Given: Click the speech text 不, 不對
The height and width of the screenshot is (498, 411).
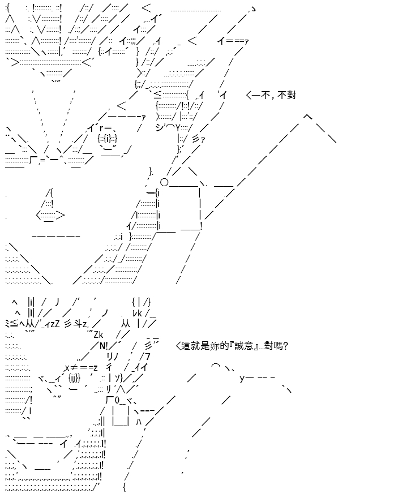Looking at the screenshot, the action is tap(278, 95).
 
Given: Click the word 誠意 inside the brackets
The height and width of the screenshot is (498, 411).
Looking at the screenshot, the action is tap(244, 346).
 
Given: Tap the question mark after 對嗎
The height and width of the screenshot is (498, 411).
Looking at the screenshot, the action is tap(285, 346).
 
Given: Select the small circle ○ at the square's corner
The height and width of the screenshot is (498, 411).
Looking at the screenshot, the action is tap(164, 182).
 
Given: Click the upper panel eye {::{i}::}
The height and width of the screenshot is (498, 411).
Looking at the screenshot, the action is tap(108, 138).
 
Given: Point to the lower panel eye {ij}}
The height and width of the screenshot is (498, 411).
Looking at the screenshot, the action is tap(74, 378).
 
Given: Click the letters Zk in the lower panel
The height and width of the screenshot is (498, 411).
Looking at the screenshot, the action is tap(99, 335).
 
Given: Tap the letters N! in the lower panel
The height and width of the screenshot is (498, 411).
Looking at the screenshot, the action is tap(104, 346).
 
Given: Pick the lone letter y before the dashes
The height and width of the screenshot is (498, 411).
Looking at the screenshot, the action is tap(242, 378).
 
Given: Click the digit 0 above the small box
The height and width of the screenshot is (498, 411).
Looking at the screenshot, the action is tap(117, 400).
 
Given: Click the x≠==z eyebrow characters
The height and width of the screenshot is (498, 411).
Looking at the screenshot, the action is tap(82, 367).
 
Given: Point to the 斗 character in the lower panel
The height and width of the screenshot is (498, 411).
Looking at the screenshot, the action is tap(78, 324).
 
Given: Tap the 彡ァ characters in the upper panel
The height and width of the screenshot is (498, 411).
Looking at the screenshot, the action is tap(199, 139).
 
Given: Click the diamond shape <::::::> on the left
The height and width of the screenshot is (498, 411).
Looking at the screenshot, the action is tap(50, 216).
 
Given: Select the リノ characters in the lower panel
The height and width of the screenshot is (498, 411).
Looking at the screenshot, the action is tap(113, 357).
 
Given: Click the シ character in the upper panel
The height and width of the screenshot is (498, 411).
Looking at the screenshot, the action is tap(160, 127).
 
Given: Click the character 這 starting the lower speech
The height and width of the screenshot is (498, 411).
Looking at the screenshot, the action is tap(186, 346).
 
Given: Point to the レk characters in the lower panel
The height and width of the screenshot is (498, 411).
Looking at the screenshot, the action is tap(137, 313).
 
